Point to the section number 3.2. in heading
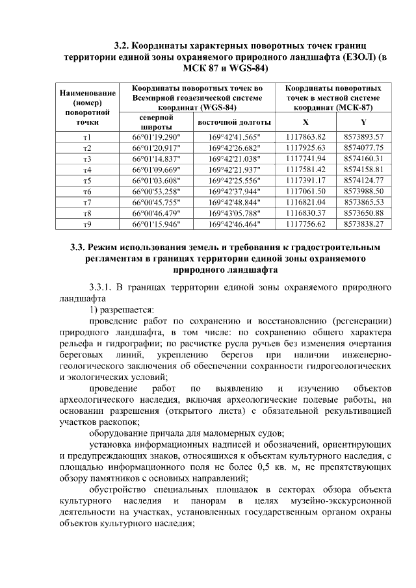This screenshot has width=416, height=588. click(x=123, y=46)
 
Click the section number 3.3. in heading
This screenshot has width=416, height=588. click(x=81, y=248)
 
